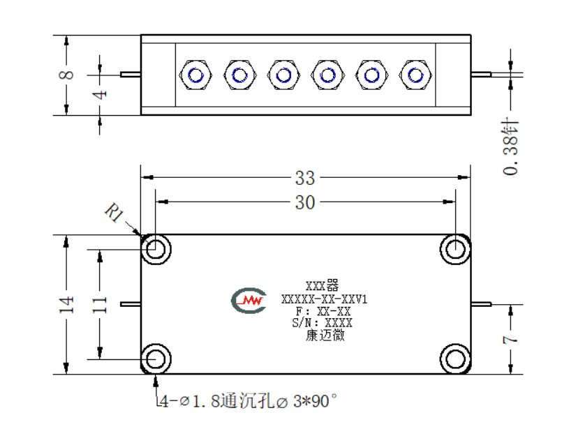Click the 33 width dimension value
pos(305,178)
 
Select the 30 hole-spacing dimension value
pos(305,202)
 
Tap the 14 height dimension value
pos(66,305)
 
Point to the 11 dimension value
pos(100,305)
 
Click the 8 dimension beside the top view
pos(66,75)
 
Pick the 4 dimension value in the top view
pos(100,95)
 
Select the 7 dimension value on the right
pos(510,339)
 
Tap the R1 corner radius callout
pos(114,213)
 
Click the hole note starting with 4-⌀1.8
pos(248,401)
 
